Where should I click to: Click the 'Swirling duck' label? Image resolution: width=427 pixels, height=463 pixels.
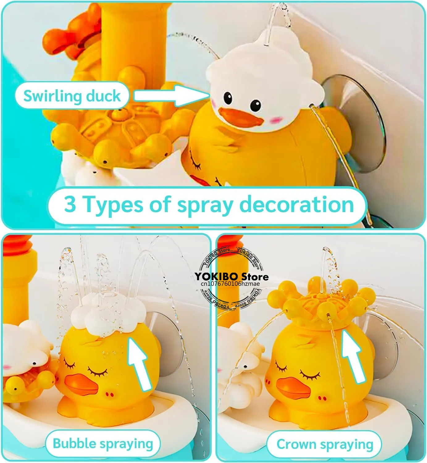[x=72, y=96]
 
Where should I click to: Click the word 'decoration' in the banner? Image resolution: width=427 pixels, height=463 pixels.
[x=296, y=204]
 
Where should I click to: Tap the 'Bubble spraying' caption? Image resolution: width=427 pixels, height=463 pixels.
[x=103, y=444]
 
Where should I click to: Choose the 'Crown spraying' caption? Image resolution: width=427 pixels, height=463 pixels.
[x=324, y=444]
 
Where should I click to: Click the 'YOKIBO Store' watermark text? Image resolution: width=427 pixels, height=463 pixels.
[x=231, y=276]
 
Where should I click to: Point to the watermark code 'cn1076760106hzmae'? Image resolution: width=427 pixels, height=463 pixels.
[x=230, y=284]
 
